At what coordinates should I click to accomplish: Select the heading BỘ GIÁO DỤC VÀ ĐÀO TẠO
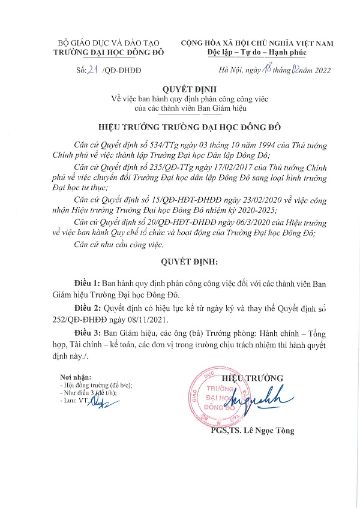tap(105, 44)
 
